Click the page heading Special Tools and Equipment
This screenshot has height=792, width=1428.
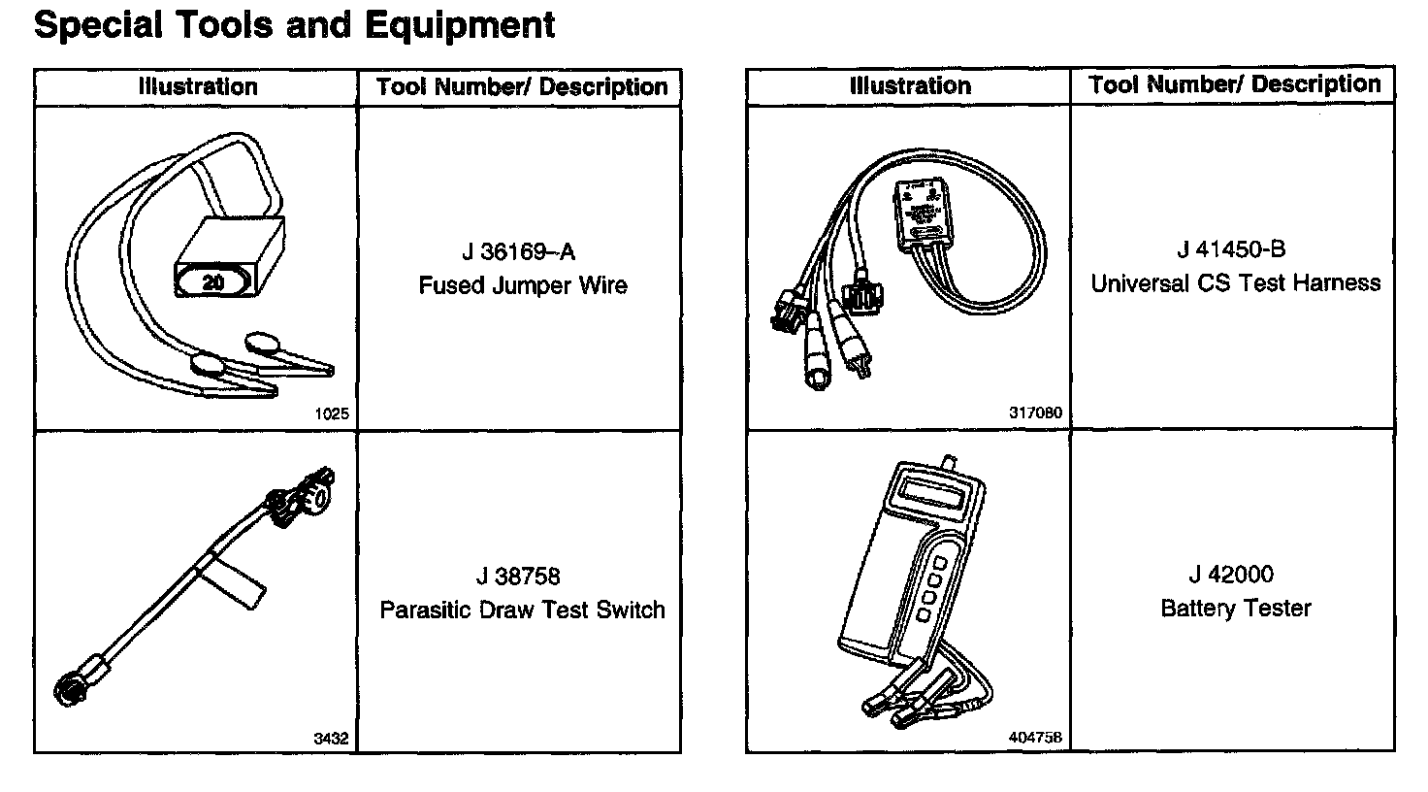[294, 25]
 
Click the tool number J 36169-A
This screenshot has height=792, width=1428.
[518, 252]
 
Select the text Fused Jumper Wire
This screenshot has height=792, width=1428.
[523, 285]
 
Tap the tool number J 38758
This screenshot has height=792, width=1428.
[518, 577]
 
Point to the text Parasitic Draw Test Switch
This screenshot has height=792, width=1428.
[522, 610]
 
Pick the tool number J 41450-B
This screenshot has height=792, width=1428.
[1231, 249]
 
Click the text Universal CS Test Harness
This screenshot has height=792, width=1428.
[1235, 282]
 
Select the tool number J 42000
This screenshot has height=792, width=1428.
[1231, 575]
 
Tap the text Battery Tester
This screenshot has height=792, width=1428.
[1235, 608]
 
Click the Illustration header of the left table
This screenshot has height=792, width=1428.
[197, 86]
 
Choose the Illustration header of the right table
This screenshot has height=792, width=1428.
[909, 85]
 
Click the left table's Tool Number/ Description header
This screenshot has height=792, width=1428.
[521, 86]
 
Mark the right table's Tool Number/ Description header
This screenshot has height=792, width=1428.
[1234, 84]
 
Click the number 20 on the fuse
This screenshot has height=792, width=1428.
[213, 283]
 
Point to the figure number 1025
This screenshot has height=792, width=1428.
[331, 413]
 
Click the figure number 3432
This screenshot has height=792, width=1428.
[330, 739]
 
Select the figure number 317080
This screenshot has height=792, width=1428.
[1035, 413]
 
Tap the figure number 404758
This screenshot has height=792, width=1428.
[1035, 738]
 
